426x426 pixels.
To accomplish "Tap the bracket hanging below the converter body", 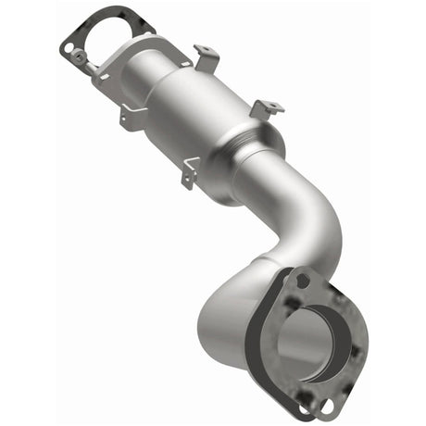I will (192, 169).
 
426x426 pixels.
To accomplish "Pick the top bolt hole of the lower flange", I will (302, 279).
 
